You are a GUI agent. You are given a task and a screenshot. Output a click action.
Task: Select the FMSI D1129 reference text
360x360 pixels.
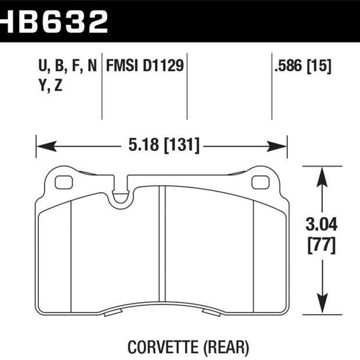(x=145, y=66)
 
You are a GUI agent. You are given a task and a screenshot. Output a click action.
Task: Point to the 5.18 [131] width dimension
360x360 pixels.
(x=164, y=146)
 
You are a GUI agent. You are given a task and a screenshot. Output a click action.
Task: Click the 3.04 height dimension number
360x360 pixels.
(x=322, y=224)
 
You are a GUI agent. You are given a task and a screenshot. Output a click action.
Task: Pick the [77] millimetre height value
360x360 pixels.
(x=322, y=246)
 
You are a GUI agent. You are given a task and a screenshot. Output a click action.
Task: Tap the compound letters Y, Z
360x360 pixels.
(x=51, y=85)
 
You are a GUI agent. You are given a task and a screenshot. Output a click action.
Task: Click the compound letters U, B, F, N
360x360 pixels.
(x=67, y=66)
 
